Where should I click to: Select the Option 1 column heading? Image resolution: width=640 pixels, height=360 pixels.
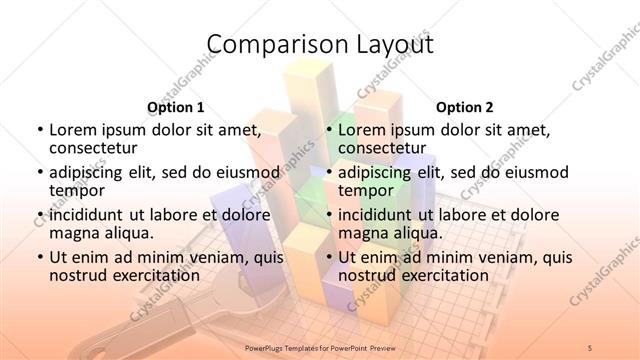[176, 107]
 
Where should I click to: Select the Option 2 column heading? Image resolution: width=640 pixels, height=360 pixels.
[465, 107]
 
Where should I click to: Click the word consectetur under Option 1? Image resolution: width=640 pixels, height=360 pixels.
[95, 149]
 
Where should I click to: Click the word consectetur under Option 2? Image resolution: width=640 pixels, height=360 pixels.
[384, 149]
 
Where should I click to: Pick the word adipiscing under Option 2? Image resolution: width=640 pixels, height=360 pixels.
[376, 172]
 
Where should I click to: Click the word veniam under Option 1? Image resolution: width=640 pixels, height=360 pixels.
[204, 256]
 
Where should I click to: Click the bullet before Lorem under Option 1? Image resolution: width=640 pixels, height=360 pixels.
[39, 130]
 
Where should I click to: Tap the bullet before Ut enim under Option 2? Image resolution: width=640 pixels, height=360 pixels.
[328, 256]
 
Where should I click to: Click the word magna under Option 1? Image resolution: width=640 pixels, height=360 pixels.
[75, 233]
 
